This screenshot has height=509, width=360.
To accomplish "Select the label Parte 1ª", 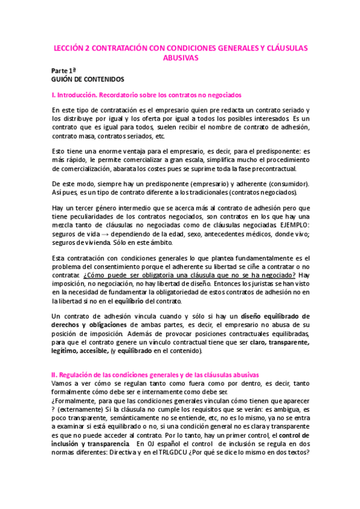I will coord(64,70).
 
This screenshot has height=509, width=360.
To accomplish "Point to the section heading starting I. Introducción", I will coord(146,95).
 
